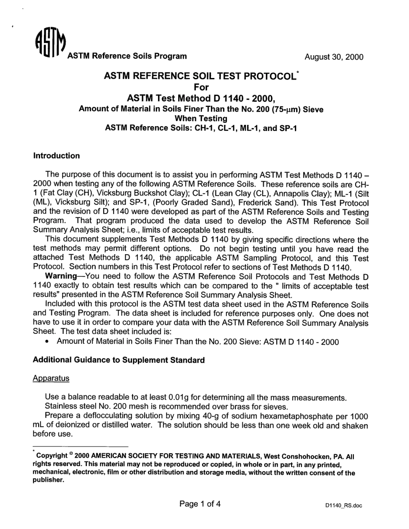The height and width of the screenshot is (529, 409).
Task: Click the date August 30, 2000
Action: pos(334,57)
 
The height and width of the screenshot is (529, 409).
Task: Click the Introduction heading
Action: pos(56,156)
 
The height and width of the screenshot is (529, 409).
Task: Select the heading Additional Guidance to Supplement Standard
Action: pos(118,360)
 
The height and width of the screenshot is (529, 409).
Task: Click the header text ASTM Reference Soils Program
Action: pos(127,56)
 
